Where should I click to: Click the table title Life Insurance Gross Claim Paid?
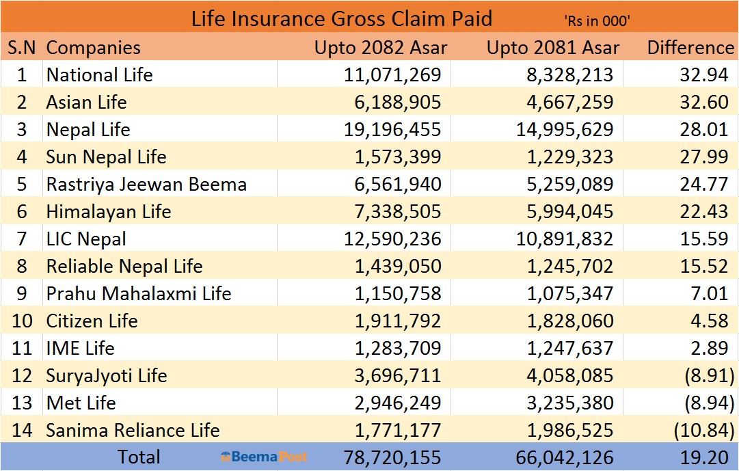[341, 18]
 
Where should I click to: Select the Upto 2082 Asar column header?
[381, 48]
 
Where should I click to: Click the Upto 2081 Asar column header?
[553, 48]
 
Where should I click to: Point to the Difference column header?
[690, 48]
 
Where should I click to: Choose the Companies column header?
[93, 48]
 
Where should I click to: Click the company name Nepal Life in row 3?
[88, 129]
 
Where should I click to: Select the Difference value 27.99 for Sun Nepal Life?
[703, 157]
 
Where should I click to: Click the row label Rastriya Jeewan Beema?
[146, 184]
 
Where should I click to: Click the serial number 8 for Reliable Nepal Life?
[22, 266]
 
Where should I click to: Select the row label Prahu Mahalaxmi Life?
[139, 293]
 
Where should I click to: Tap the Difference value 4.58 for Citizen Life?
[709, 321]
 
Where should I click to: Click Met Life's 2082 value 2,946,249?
[397, 403]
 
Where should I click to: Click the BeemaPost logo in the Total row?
[264, 457]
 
